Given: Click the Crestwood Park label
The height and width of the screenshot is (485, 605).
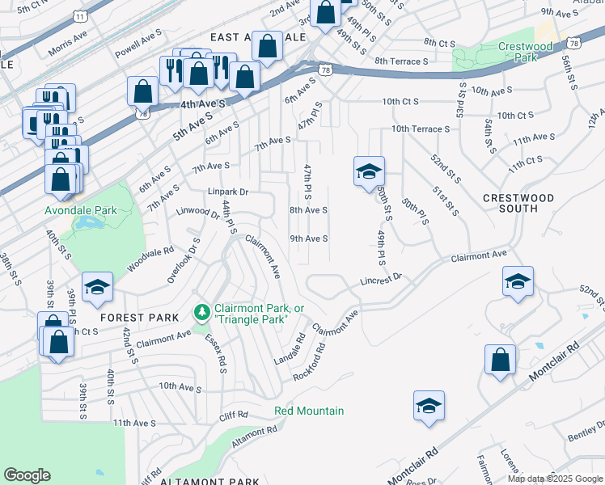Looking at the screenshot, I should point(525,53).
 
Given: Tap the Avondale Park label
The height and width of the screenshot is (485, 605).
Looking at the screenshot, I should point(81,210).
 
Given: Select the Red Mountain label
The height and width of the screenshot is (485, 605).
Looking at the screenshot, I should point(309,411).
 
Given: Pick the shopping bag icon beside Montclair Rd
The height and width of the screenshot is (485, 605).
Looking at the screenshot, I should point(501,359).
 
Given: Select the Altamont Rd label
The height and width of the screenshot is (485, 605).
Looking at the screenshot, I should point(254,437).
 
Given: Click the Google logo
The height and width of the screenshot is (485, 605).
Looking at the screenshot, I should point(27,475).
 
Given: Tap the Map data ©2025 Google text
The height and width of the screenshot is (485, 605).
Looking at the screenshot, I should point(555,479).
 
